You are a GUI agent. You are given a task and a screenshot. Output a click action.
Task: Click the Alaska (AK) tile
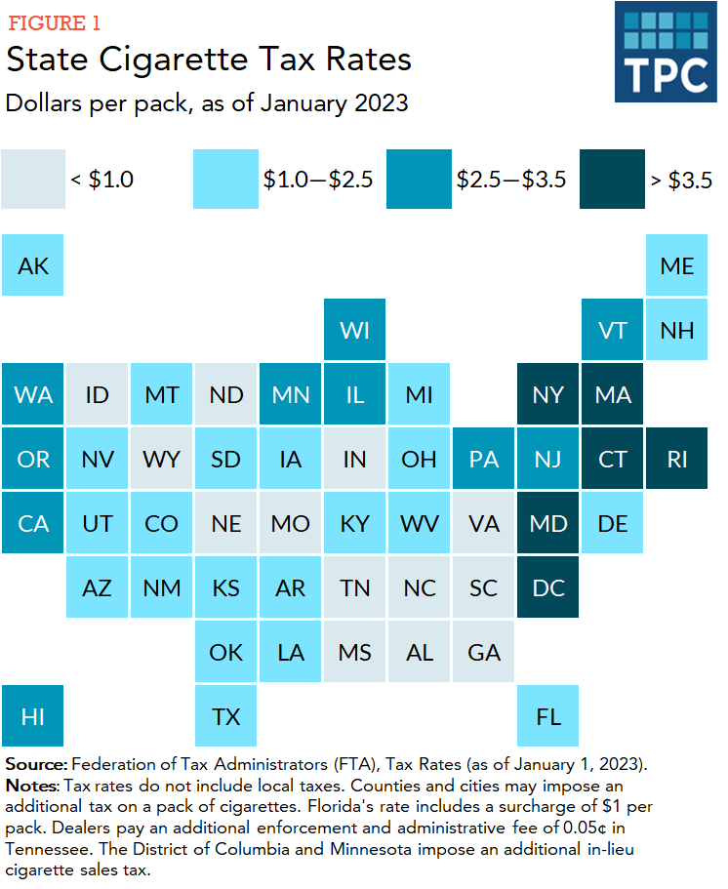(x=33, y=264)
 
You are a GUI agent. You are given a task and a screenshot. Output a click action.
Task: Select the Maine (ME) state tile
(x=677, y=264)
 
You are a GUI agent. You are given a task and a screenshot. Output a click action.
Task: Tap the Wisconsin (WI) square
(x=355, y=330)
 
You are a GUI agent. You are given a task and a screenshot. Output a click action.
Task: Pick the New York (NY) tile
(x=548, y=394)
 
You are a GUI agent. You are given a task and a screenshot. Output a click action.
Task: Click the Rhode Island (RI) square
(x=677, y=459)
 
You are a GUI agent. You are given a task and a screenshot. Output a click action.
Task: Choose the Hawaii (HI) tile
(x=33, y=716)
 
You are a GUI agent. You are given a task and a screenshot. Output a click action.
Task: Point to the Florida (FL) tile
(x=548, y=716)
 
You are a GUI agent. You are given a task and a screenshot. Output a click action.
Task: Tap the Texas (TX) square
(x=226, y=716)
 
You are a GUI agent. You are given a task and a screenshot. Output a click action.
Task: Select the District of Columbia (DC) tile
(x=548, y=587)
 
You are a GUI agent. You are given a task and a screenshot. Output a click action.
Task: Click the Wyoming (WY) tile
(x=162, y=459)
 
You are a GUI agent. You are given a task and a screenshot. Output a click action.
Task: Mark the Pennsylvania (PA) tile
(x=484, y=459)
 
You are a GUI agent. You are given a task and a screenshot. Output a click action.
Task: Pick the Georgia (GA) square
(x=484, y=652)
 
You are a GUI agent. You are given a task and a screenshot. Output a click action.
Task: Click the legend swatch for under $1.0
(x=33, y=179)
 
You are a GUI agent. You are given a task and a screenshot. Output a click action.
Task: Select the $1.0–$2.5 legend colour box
(x=226, y=179)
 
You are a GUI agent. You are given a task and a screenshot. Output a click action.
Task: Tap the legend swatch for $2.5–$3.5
(x=420, y=179)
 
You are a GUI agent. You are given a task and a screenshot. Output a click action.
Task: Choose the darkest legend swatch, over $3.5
(x=612, y=179)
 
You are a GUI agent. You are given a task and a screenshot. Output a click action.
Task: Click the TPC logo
(x=666, y=53)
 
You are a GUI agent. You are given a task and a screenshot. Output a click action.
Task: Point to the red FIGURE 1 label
(x=54, y=22)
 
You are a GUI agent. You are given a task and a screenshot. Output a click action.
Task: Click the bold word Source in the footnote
(x=36, y=763)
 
